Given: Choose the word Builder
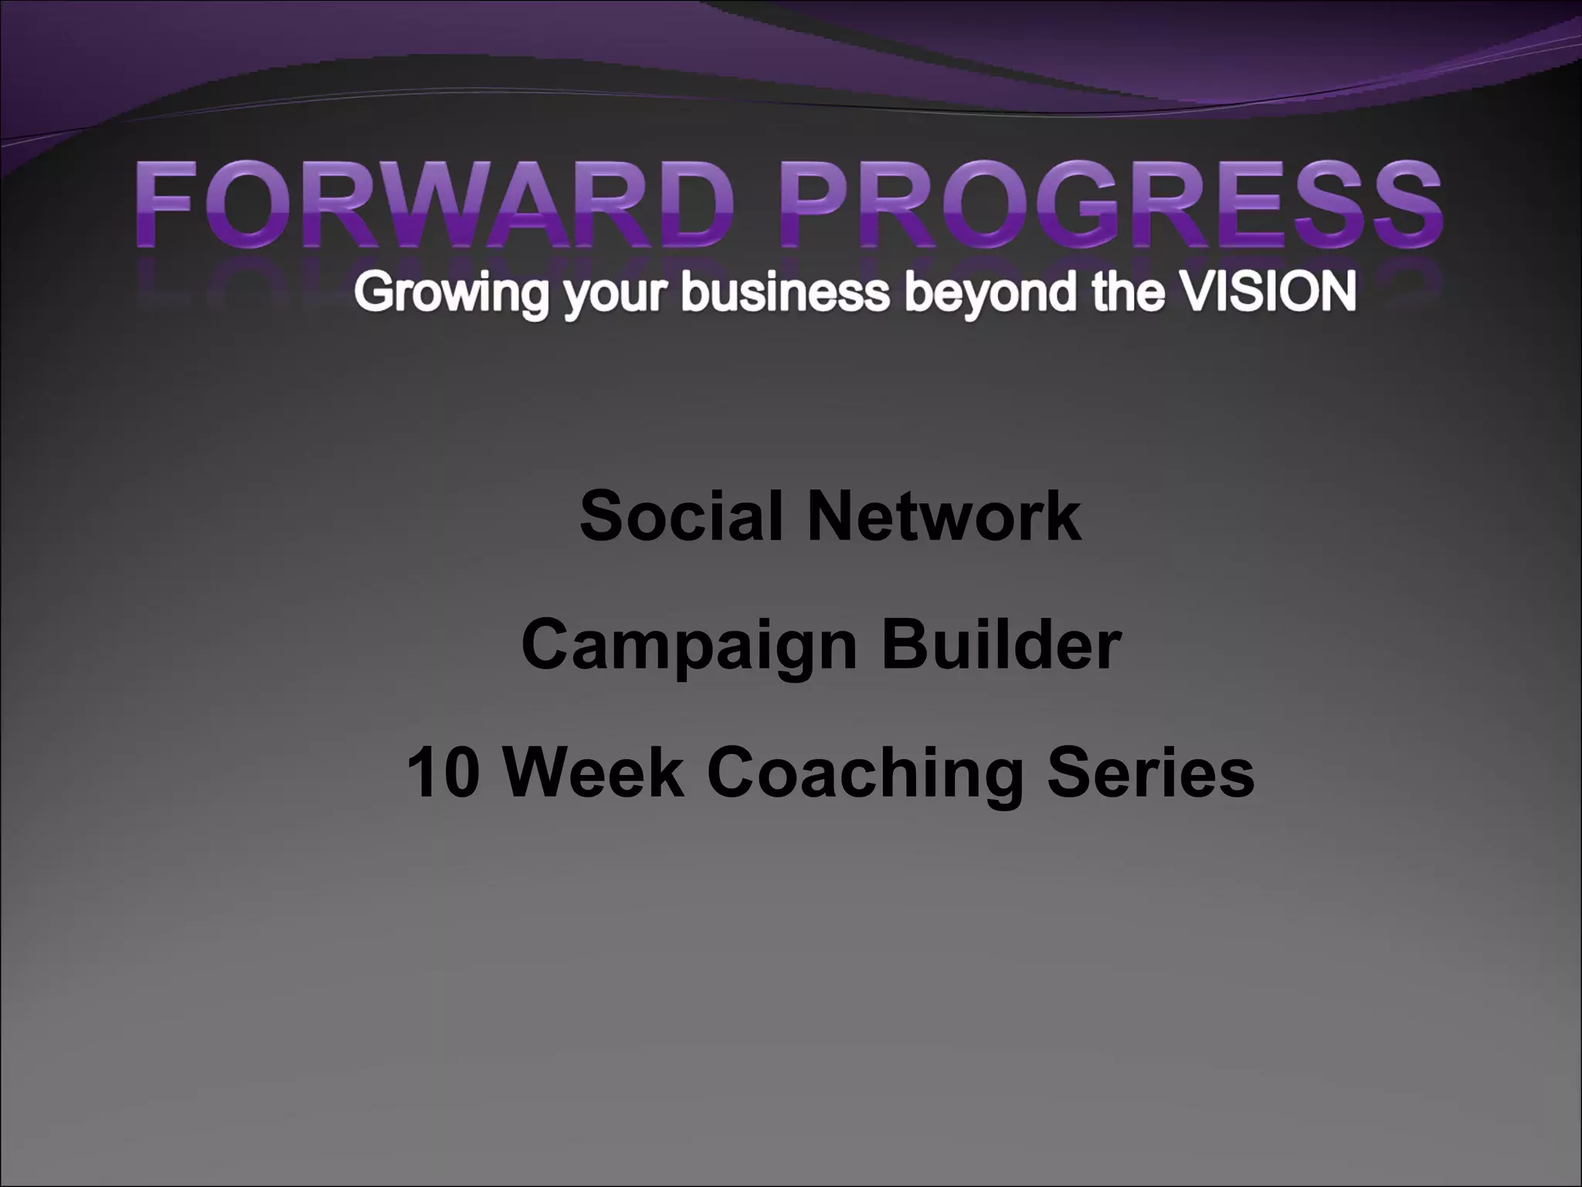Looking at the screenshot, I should (1001, 645).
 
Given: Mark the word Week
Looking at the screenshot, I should (595, 773).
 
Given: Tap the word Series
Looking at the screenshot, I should (1151, 773).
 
